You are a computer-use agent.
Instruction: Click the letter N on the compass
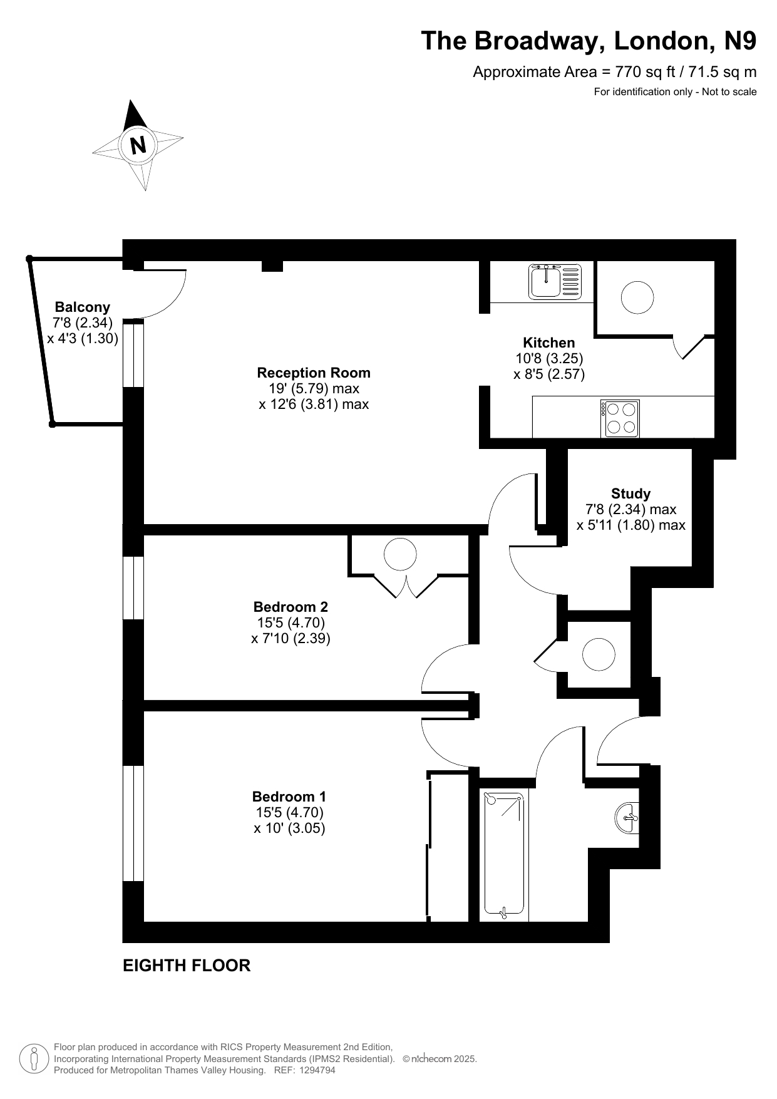click(138, 145)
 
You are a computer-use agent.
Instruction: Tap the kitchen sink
click(555, 281)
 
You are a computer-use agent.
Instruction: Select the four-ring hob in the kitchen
click(620, 418)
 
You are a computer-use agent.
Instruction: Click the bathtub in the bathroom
click(504, 855)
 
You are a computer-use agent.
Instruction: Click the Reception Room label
click(314, 373)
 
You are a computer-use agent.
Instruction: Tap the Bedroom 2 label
click(291, 607)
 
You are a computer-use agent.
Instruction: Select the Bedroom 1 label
click(289, 797)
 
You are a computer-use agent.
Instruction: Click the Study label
click(631, 493)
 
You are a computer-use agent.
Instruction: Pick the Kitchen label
click(549, 343)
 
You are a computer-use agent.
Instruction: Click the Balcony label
click(83, 307)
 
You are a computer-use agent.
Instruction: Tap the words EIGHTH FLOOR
click(187, 966)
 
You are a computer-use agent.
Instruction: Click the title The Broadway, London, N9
click(589, 41)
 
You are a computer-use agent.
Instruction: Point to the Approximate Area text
click(615, 72)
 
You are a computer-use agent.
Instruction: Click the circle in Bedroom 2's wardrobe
click(400, 554)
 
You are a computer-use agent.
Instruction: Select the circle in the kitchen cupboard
click(637, 297)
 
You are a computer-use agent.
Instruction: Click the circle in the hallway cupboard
click(599, 654)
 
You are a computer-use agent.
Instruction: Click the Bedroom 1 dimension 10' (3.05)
click(289, 828)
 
